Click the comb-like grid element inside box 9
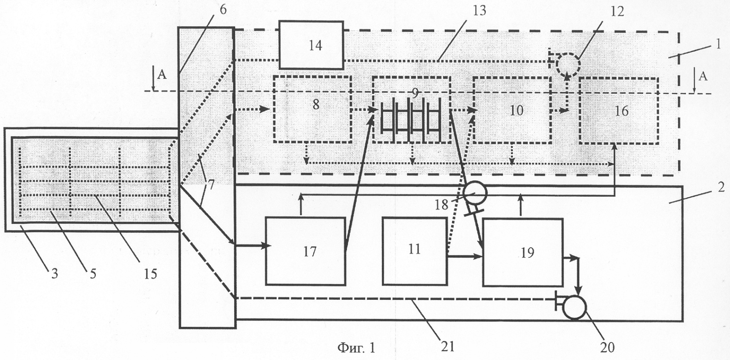411,120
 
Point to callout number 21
448,346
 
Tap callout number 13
479,11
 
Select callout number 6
223,10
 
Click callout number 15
150,274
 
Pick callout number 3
54,274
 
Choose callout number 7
211,185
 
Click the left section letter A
162,75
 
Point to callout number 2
721,187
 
